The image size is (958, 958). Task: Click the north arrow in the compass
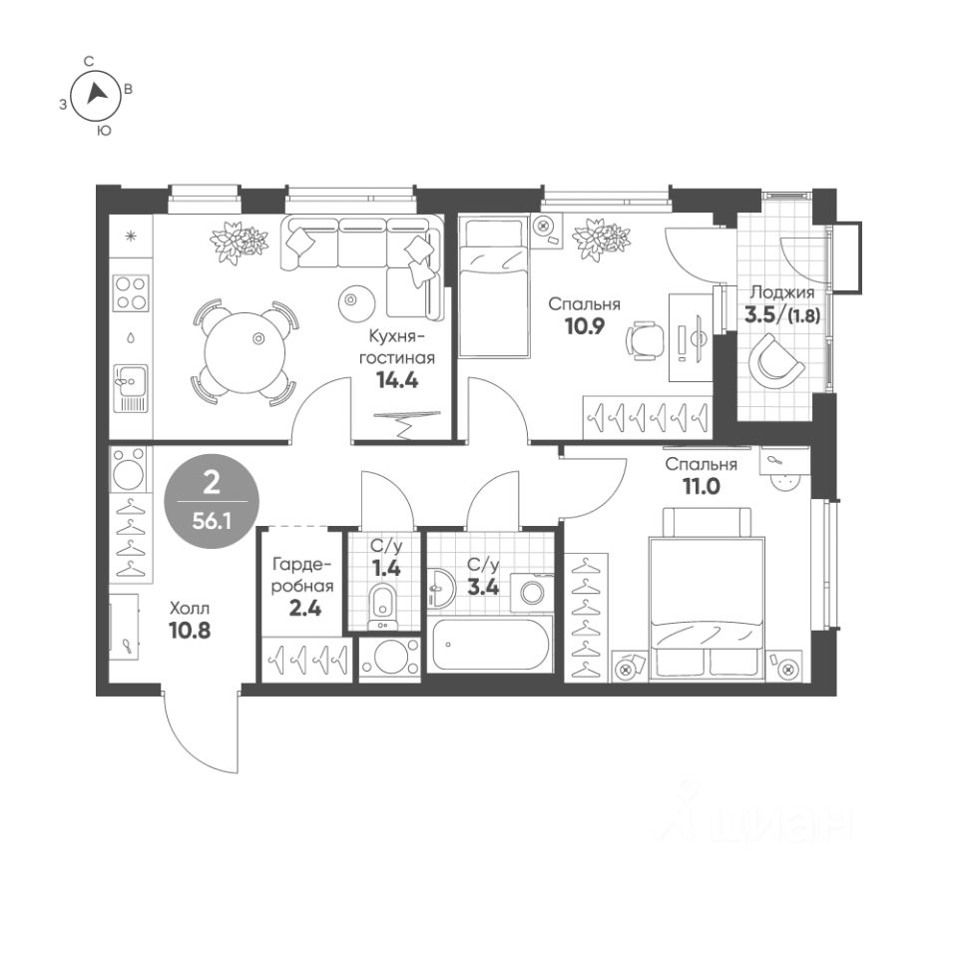pyautogui.click(x=96, y=94)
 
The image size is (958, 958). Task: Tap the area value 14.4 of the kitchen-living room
pyautogui.click(x=397, y=380)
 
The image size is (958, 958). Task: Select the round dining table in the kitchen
pyautogui.click(x=245, y=353)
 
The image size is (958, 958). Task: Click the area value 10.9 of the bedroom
pyautogui.click(x=584, y=326)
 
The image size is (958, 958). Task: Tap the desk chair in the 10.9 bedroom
pyautogui.click(x=646, y=340)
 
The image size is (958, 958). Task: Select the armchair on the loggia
pyautogui.click(x=776, y=361)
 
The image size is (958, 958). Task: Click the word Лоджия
pyautogui.click(x=782, y=292)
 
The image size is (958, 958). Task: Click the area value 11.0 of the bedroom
pyautogui.click(x=702, y=486)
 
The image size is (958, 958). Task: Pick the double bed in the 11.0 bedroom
pyautogui.click(x=708, y=593)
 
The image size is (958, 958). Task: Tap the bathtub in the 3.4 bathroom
pyautogui.click(x=491, y=645)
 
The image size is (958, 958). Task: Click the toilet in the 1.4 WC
pyautogui.click(x=383, y=606)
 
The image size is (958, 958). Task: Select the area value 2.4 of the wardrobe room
pyautogui.click(x=305, y=609)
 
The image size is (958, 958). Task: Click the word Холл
pyautogui.click(x=190, y=609)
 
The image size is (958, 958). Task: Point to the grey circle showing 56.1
pyautogui.click(x=212, y=501)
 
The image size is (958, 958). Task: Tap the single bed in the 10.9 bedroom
pyautogui.click(x=494, y=287)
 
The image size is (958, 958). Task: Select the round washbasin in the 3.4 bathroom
pyautogui.click(x=440, y=588)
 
